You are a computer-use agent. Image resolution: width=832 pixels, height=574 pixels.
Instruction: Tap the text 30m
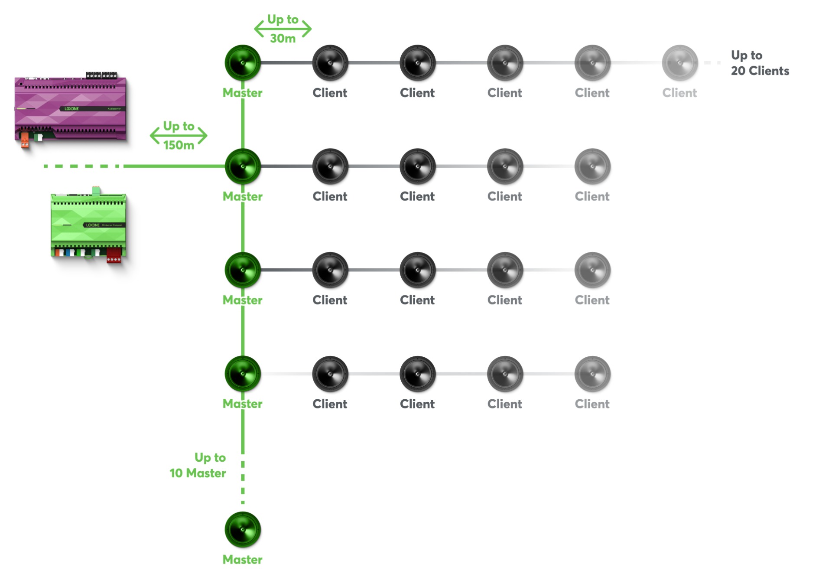[x=283, y=39]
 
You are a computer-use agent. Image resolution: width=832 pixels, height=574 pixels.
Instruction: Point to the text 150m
[x=179, y=145]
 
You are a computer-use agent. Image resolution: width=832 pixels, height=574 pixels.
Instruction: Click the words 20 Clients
[x=760, y=71]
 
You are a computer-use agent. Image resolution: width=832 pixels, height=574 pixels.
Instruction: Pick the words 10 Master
[x=198, y=473]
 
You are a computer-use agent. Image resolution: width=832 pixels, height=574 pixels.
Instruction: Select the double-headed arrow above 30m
[x=283, y=29]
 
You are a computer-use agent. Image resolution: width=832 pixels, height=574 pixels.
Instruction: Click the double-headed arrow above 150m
[x=179, y=135]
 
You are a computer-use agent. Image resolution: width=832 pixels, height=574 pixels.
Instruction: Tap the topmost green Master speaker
[x=243, y=63]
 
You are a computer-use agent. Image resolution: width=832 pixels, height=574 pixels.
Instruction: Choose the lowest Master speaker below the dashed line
[x=243, y=529]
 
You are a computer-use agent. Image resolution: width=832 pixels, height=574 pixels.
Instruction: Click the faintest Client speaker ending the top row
[x=679, y=63]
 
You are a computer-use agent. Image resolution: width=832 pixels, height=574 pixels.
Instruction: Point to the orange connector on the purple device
[x=25, y=140]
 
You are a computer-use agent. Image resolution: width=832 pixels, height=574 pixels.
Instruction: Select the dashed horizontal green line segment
[x=82, y=166]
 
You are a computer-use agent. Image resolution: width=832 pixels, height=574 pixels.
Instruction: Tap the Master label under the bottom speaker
[x=242, y=560]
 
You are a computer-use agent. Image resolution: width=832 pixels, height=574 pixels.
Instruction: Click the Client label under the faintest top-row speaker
[x=679, y=93]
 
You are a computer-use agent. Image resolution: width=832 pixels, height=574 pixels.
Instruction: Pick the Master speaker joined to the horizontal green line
[x=243, y=166]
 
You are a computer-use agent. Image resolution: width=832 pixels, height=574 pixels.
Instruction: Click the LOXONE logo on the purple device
[x=72, y=109]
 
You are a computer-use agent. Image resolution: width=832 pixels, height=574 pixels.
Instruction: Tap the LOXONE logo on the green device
[x=93, y=225]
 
